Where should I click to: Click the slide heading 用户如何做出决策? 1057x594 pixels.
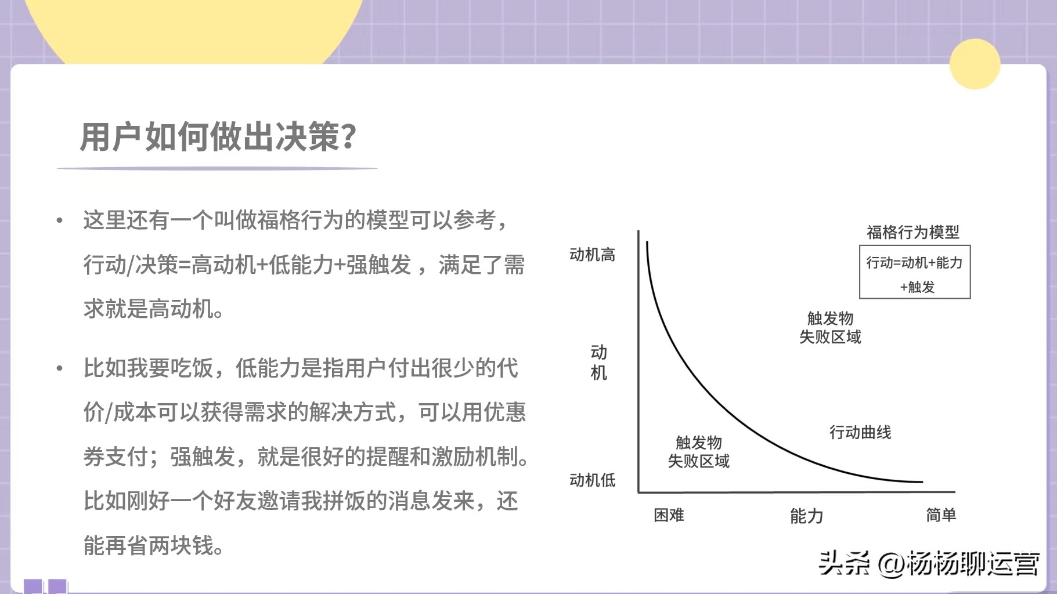point(218,137)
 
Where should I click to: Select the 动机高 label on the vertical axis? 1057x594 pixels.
point(592,255)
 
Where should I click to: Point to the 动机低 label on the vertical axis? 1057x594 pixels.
point(592,480)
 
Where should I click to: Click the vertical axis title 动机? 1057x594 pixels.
point(598,363)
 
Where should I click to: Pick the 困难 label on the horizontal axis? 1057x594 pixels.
point(669,515)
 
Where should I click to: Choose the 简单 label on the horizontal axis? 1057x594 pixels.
point(940,515)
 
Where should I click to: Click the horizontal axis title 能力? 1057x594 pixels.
point(806,516)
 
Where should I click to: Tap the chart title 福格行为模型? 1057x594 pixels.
point(912,233)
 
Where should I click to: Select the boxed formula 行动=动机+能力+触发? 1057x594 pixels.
point(915,273)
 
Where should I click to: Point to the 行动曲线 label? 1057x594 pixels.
point(860,432)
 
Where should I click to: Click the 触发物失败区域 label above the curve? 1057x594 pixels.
point(830,328)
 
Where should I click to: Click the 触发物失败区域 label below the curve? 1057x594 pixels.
point(698,452)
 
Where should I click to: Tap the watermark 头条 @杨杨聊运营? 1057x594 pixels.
point(929,563)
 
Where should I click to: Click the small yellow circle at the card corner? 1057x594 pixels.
point(975,64)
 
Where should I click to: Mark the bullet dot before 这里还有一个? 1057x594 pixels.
point(59,220)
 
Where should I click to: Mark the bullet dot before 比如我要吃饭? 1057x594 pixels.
point(59,368)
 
